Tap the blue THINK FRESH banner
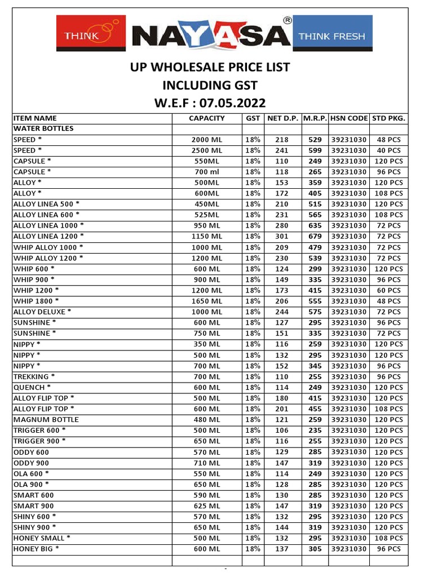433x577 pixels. [x=332, y=37]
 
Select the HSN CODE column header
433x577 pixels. [x=349, y=118]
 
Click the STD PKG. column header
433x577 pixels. [x=389, y=118]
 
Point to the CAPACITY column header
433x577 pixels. [x=207, y=118]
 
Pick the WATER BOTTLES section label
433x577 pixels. [x=43, y=128]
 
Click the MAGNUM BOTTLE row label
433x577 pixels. [x=46, y=420]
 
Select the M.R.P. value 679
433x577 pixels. [x=315, y=237]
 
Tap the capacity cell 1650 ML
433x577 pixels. [x=207, y=301]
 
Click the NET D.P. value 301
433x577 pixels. [x=282, y=237]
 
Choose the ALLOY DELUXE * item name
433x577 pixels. [x=42, y=312]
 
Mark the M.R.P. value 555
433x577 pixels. [x=315, y=301]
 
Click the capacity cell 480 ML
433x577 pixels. [x=207, y=420]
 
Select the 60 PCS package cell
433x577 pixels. [x=389, y=291]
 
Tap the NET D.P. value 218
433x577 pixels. [x=282, y=140]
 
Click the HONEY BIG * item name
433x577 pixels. [x=36, y=549]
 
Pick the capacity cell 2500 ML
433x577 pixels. [x=207, y=150]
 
